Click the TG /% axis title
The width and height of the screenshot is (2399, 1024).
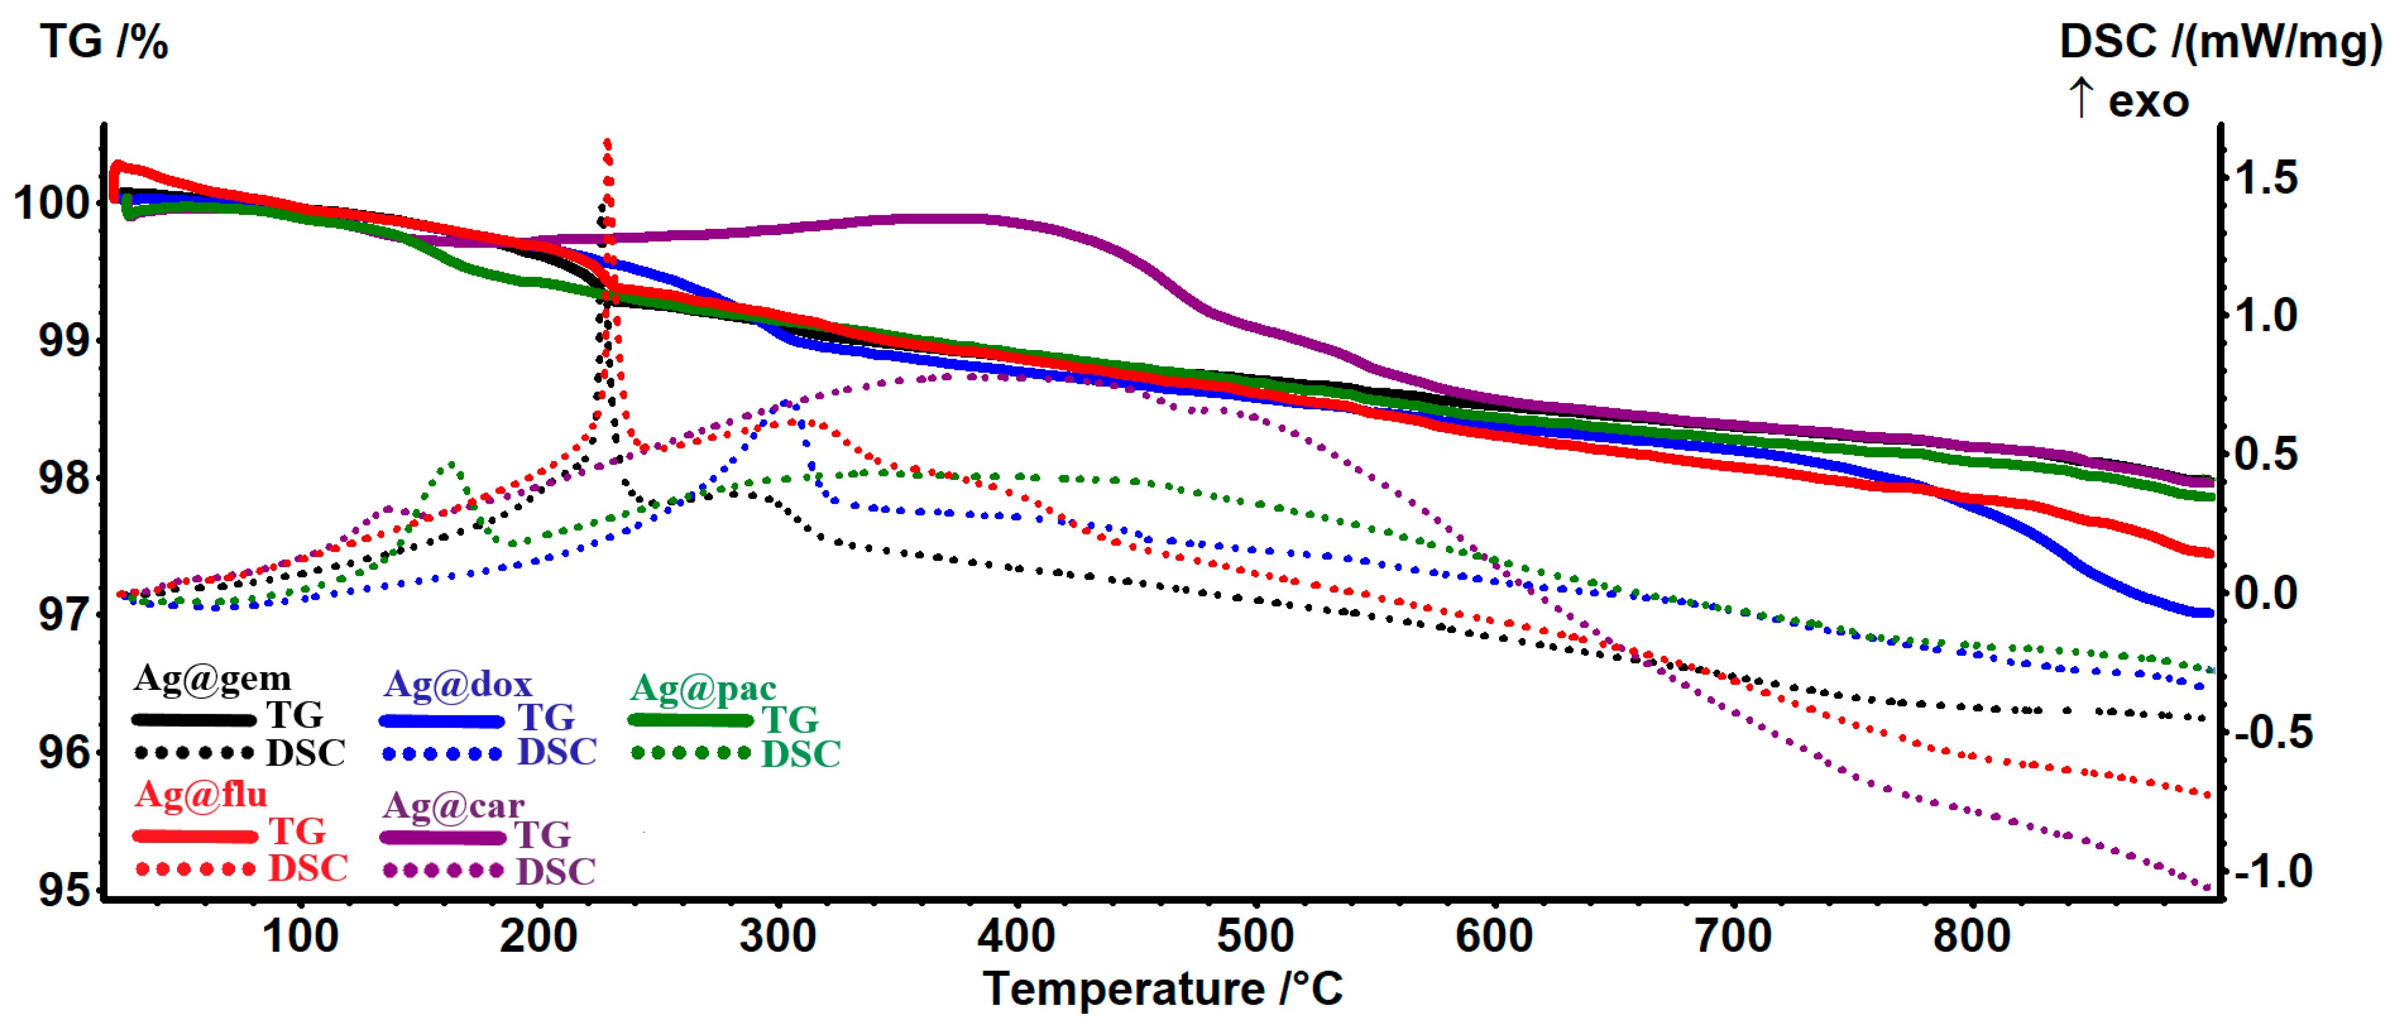point(104,43)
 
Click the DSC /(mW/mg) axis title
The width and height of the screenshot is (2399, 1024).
point(2219,43)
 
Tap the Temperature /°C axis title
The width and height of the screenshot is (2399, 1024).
point(1163,989)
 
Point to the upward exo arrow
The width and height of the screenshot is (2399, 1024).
point(2081,98)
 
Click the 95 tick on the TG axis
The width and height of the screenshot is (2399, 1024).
point(63,890)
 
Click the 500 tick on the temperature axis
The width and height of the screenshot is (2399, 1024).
point(1255,936)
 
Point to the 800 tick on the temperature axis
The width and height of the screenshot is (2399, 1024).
point(1971,936)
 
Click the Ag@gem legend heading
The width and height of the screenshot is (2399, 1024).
point(212,678)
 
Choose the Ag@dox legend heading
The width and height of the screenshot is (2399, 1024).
point(458,684)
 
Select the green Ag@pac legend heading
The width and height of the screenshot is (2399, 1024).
point(703,689)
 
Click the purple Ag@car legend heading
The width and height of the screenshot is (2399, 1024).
point(454,805)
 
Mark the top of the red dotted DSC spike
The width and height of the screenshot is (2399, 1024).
point(607,142)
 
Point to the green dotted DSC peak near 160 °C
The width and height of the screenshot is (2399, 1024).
point(451,463)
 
